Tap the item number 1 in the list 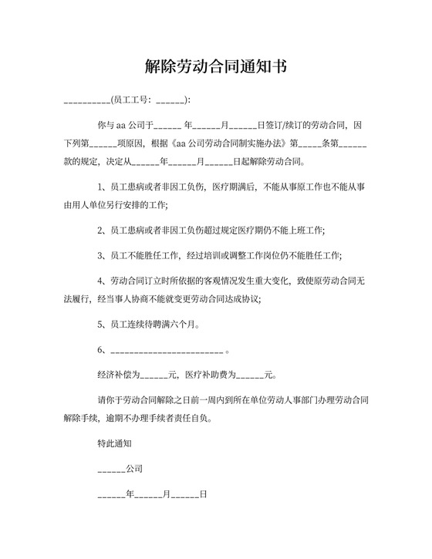point(100,187)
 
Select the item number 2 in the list point(100,231)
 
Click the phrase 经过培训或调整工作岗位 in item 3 point(235,255)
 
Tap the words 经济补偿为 point(118,375)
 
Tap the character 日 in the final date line point(204,494)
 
